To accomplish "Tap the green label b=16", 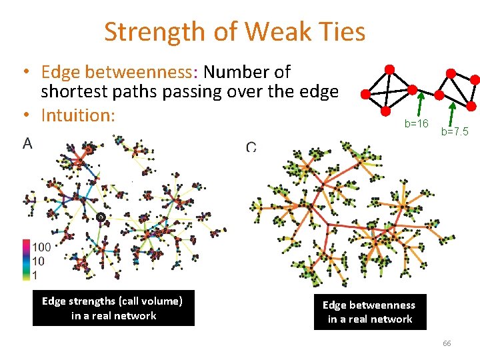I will [x=417, y=124].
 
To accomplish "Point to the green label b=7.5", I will [x=455, y=132].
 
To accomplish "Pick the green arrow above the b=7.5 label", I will [x=453, y=113].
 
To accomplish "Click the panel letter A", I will [x=28, y=143].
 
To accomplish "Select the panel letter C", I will [x=251, y=147].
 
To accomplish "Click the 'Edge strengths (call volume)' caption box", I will [x=113, y=308].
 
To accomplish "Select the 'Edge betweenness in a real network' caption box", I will [x=369, y=312].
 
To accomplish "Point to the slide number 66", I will [x=447, y=343].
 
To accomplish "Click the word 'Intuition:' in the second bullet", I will [x=78, y=115].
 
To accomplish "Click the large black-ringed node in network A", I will [x=101, y=217].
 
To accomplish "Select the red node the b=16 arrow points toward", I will [x=412, y=89].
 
